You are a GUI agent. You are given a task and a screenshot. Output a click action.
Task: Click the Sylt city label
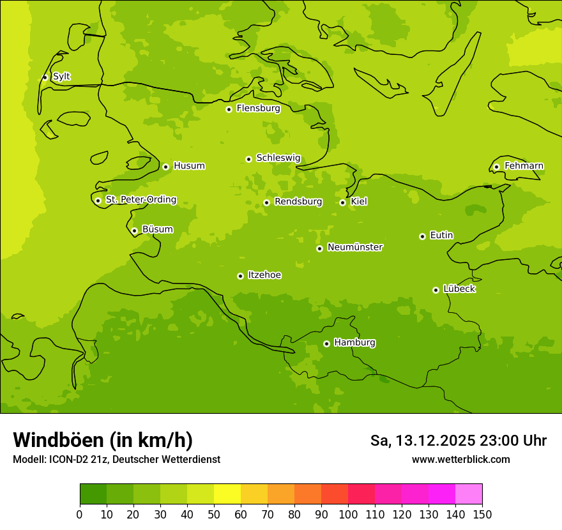pyautogui.click(x=61, y=77)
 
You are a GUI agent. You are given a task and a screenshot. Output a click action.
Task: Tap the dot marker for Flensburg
pyautogui.click(x=229, y=109)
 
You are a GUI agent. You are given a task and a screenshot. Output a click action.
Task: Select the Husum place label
pyautogui.click(x=189, y=166)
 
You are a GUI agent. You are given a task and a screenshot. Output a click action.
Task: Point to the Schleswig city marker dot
pyautogui.click(x=248, y=159)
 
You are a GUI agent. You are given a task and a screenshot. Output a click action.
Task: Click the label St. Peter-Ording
pyautogui.click(x=141, y=200)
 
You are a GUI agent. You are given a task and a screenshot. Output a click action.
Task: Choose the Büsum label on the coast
pyautogui.click(x=157, y=229)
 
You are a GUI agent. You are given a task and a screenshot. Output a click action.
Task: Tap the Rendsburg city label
pyautogui.click(x=298, y=202)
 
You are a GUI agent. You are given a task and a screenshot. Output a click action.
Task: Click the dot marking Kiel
pyautogui.click(x=342, y=202)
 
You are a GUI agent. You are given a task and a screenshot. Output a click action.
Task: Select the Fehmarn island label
pyautogui.click(x=524, y=166)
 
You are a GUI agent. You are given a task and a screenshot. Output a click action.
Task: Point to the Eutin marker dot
pyautogui.click(x=422, y=236)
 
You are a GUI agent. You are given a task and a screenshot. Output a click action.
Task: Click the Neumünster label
pyautogui.click(x=355, y=247)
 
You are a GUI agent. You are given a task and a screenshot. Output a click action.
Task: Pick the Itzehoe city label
pyautogui.click(x=264, y=275)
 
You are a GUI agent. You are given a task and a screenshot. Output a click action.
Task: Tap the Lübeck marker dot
pyautogui.click(x=436, y=290)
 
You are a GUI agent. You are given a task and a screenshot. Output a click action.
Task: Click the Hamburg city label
pyautogui.click(x=354, y=343)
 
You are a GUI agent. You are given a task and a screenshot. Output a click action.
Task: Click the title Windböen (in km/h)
pyautogui.click(x=103, y=440)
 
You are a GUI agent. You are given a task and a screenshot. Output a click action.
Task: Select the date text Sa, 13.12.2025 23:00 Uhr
pyautogui.click(x=458, y=441)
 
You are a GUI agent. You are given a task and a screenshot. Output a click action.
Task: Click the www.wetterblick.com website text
pyautogui.click(x=460, y=459)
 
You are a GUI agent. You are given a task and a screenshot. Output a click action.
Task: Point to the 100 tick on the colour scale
pyautogui.click(x=348, y=514)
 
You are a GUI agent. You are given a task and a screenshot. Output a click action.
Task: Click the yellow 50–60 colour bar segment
pyautogui.click(x=227, y=494)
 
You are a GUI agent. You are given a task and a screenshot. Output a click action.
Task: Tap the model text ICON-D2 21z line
pyautogui.click(x=116, y=459)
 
